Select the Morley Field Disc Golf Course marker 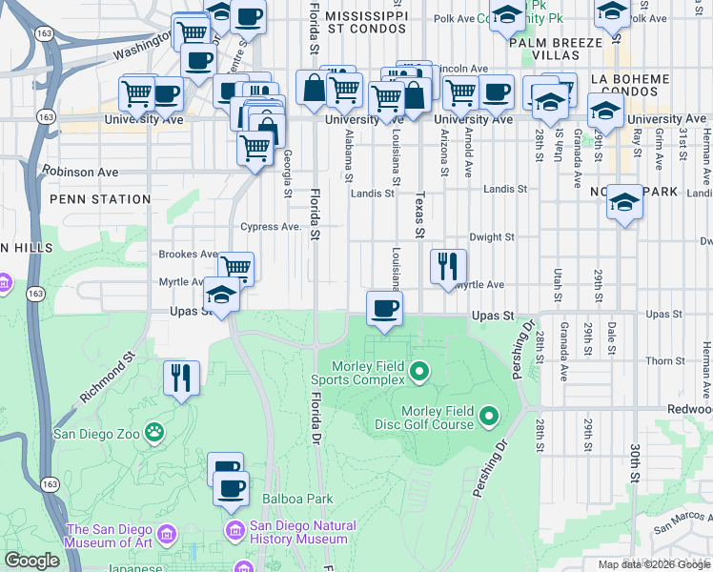[489, 416]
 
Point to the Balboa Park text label [299, 499]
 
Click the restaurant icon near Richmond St [180, 378]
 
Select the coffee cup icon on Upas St [384, 309]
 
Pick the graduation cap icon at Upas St [221, 296]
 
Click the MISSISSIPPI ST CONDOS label [366, 24]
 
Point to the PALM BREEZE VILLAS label [556, 49]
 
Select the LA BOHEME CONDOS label [632, 85]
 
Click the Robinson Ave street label [80, 173]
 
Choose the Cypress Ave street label [271, 227]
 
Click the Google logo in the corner [32, 561]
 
